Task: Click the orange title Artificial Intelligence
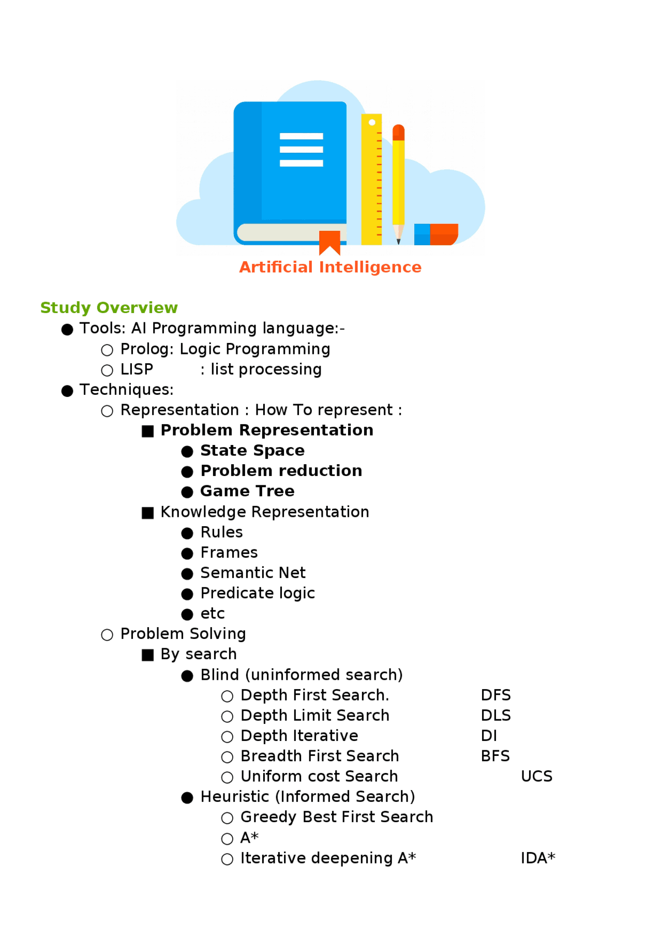330,267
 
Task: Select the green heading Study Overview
109,307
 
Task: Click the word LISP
137,369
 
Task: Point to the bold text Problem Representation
266,430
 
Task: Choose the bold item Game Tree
247,491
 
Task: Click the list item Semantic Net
253,573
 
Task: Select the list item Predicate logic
258,593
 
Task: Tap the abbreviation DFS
495,695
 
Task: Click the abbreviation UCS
536,776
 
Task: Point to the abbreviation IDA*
537,858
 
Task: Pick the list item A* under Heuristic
249,838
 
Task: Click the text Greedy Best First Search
337,817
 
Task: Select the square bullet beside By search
148,655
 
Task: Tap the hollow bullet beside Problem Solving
107,635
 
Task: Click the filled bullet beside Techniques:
67,391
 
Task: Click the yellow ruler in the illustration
371,179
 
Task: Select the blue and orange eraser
436,234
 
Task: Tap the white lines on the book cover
301,150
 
